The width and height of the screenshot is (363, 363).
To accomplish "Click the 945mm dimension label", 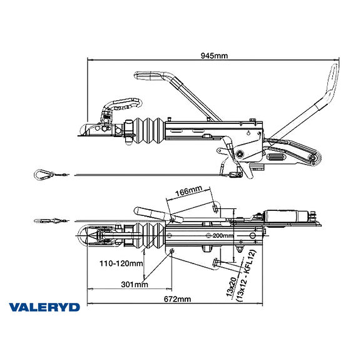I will point(214,56).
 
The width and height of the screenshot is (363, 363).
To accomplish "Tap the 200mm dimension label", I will point(223,236).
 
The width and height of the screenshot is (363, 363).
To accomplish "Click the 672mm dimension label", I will point(176,299).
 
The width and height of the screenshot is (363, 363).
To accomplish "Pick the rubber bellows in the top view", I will point(150,235).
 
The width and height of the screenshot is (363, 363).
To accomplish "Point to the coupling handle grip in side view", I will point(150,78).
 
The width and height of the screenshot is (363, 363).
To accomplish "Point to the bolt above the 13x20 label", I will point(216,263).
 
